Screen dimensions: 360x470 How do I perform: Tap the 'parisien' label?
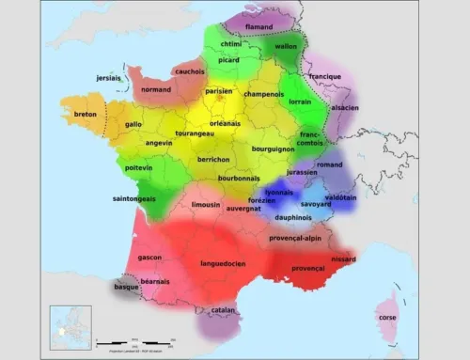[219, 91]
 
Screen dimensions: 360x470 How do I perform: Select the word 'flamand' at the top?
[258, 27]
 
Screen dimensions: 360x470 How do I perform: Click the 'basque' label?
[126, 287]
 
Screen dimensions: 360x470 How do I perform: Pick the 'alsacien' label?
[345, 108]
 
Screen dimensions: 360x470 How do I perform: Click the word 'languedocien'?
[223, 263]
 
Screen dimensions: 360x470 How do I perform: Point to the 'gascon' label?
[149, 257]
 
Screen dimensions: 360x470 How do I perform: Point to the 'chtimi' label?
[230, 43]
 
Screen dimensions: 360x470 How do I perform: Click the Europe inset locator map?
[70, 327]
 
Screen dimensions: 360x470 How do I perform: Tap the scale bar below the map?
[136, 340]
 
